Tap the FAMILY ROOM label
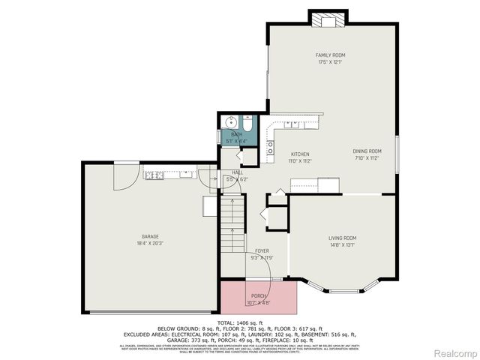(x=330, y=55)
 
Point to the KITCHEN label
(x=300, y=154)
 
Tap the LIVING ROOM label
(x=342, y=238)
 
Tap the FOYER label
(x=261, y=251)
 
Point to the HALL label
(x=237, y=172)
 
